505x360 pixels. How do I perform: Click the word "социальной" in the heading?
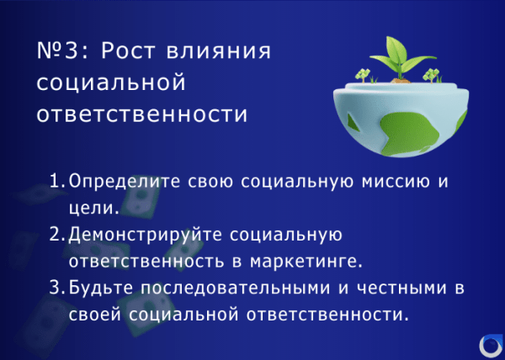point(109,82)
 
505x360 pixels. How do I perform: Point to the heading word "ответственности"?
point(142,114)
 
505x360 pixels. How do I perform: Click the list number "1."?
point(58,181)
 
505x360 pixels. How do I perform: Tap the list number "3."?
point(58,288)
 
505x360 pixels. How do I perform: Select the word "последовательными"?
point(231,289)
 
